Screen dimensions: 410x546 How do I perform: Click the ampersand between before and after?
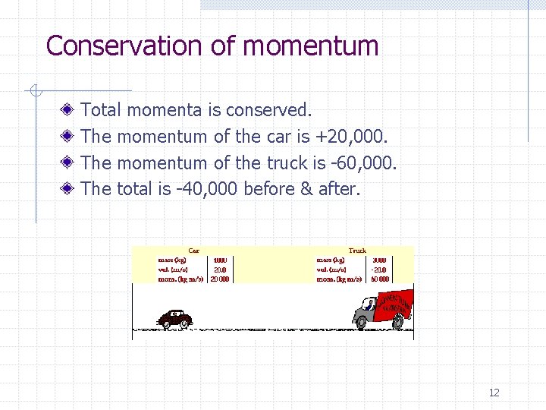[x=306, y=188]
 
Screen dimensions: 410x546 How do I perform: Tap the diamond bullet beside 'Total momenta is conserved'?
[x=67, y=111]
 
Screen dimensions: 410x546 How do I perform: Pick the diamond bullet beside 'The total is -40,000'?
[x=67, y=188]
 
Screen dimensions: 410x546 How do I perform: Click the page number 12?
[x=494, y=393]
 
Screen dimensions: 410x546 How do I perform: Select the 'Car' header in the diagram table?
[x=194, y=251]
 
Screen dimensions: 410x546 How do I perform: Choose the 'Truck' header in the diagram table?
[x=357, y=251]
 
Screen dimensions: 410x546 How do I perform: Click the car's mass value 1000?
[x=220, y=260]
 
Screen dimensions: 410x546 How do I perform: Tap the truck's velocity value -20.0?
[x=379, y=270]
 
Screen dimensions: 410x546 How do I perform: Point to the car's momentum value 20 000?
[x=220, y=279]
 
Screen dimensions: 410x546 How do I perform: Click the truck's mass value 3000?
[x=379, y=260]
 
